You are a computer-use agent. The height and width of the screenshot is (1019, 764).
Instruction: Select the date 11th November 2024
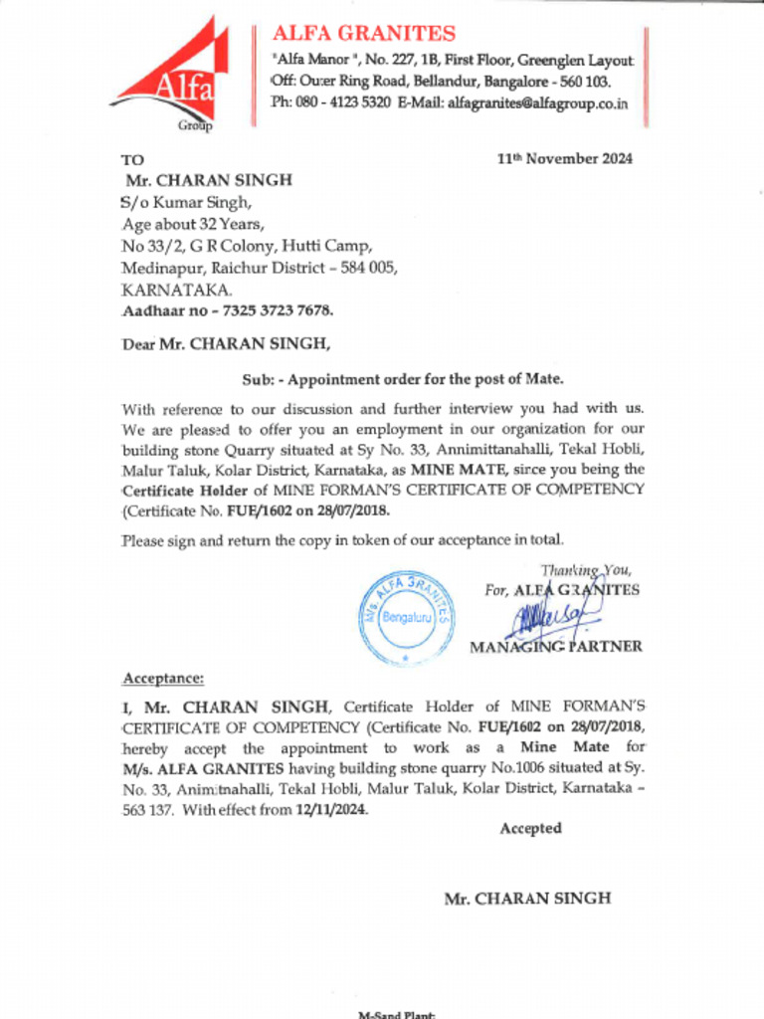pyautogui.click(x=564, y=158)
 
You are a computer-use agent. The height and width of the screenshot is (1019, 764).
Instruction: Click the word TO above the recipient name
pyautogui.click(x=132, y=159)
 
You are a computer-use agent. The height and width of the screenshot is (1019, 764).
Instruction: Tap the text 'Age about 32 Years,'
pyautogui.click(x=193, y=224)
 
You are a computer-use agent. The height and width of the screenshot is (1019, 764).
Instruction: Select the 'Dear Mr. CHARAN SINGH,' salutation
pyautogui.click(x=225, y=344)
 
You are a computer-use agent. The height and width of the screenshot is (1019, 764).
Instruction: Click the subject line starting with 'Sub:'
pyautogui.click(x=403, y=379)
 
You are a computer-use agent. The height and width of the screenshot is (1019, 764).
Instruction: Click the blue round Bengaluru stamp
pyautogui.click(x=406, y=619)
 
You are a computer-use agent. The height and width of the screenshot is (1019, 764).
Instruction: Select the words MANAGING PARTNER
pyautogui.click(x=555, y=647)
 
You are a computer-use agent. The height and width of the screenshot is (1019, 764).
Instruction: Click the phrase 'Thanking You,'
pyautogui.click(x=586, y=570)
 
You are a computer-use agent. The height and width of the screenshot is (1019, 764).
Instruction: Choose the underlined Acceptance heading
pyautogui.click(x=162, y=679)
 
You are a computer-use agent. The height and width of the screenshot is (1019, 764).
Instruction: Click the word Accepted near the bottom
pyautogui.click(x=530, y=829)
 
